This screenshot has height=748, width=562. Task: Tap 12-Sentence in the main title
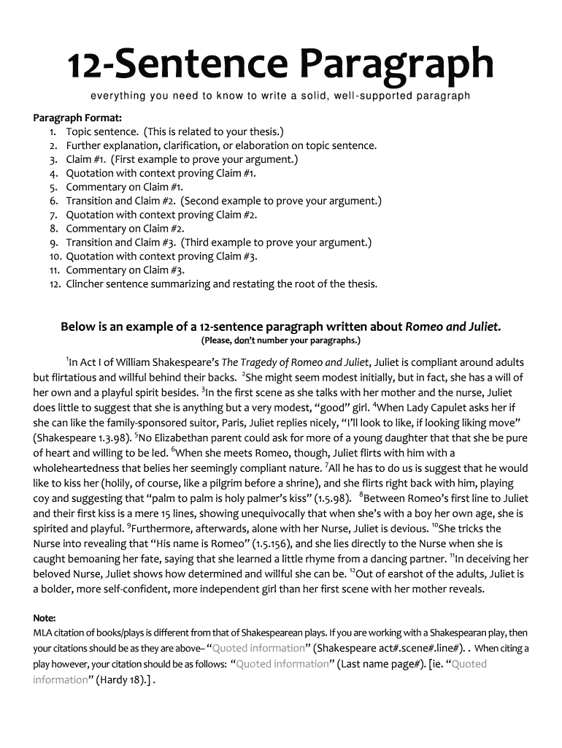pos(179,66)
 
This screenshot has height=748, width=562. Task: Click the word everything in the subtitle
pos(118,96)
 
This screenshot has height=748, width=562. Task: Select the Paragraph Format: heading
pos(77,118)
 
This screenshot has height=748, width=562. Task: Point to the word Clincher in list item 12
pos(86,284)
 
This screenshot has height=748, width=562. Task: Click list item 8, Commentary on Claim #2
pos(125,229)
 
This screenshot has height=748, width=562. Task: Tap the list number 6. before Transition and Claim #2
pos(54,201)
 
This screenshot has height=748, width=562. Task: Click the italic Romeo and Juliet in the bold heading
pos(453,327)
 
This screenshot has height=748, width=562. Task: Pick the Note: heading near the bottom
pos(45,618)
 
